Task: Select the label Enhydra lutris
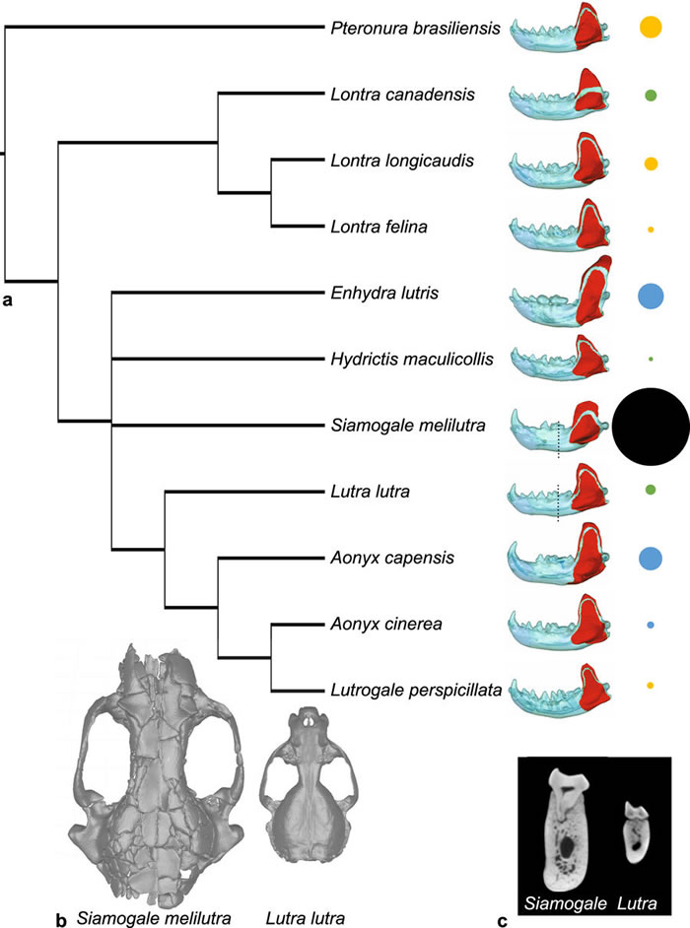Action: click(373, 294)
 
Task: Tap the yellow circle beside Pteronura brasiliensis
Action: click(651, 28)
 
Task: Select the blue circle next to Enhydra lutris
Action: click(651, 295)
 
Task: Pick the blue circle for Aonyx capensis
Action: click(651, 559)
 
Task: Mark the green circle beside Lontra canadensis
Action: click(651, 96)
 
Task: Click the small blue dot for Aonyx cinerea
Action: click(651, 625)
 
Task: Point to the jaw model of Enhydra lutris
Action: click(563, 294)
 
